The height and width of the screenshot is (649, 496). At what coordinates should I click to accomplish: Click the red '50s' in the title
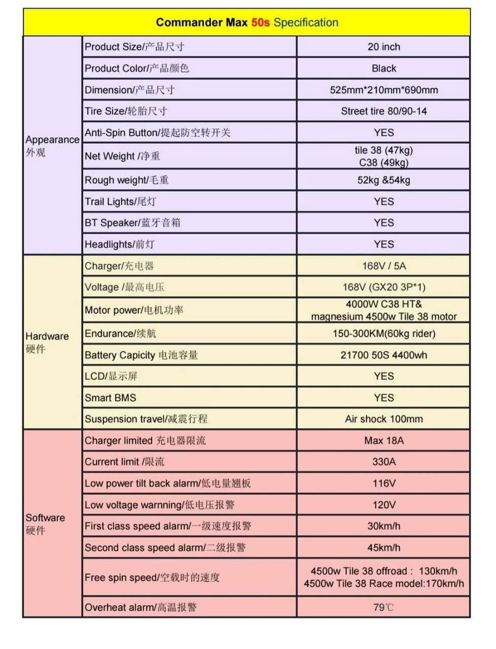pyautogui.click(x=261, y=23)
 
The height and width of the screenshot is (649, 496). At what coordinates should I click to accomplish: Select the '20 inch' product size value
pyautogui.click(x=383, y=47)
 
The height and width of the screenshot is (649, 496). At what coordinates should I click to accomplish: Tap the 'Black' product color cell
pyautogui.click(x=383, y=69)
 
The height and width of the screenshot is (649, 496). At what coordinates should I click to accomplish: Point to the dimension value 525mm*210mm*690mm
pyautogui.click(x=383, y=90)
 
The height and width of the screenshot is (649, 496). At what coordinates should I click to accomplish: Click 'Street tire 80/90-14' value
pyautogui.click(x=383, y=111)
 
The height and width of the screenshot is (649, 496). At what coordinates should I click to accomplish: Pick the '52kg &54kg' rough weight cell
pyautogui.click(x=383, y=180)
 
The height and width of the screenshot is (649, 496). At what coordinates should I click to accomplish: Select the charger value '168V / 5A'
pyautogui.click(x=383, y=266)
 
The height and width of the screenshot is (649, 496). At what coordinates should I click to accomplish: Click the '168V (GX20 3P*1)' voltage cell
pyautogui.click(x=383, y=287)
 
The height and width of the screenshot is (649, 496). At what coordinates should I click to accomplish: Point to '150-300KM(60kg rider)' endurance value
pyautogui.click(x=383, y=334)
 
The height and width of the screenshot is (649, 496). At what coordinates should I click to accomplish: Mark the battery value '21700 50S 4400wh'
pyautogui.click(x=383, y=355)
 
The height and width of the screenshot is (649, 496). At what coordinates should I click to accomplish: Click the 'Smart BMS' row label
pyautogui.click(x=110, y=398)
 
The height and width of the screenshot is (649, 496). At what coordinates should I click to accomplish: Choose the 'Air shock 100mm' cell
pyautogui.click(x=383, y=419)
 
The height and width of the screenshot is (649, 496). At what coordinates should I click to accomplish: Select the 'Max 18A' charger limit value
pyautogui.click(x=383, y=441)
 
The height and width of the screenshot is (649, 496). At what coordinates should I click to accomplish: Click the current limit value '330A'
pyautogui.click(x=383, y=462)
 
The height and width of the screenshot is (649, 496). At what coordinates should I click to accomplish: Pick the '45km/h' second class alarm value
pyautogui.click(x=383, y=547)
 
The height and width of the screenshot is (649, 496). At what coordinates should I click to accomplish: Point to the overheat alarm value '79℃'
pyautogui.click(x=383, y=607)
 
